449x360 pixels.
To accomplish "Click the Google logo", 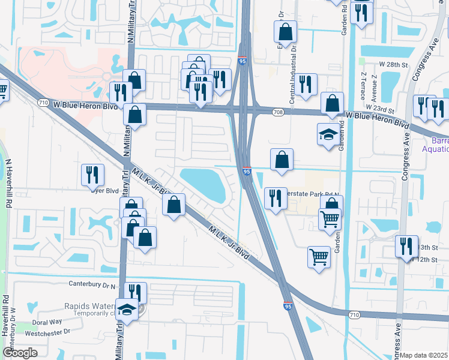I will click(x=20, y=353).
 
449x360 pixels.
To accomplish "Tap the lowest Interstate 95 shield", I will click(x=288, y=306).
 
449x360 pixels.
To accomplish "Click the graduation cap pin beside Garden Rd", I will click(x=328, y=134).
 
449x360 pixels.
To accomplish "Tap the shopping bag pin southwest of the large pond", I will click(x=173, y=205).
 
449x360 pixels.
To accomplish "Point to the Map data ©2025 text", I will click(x=424, y=355).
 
